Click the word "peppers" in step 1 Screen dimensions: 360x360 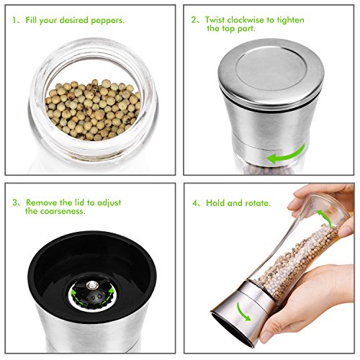click(x=107, y=21)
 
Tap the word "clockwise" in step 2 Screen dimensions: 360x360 click(x=246, y=19)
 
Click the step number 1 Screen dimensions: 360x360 click(x=14, y=19)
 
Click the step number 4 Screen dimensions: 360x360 click(x=195, y=203)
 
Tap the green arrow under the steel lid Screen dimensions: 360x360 click(x=286, y=154)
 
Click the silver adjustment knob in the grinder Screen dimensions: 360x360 click(x=93, y=285)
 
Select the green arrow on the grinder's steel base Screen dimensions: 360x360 click(x=243, y=311)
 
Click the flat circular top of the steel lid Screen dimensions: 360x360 click(x=271, y=69)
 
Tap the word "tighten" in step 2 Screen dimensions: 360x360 click(x=291, y=20)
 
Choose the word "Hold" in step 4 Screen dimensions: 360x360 click(x=215, y=203)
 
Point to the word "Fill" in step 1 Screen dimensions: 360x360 click(x=31, y=19)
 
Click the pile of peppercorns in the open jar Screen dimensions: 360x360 click(x=93, y=110)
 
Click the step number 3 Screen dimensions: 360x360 click(x=15, y=202)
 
